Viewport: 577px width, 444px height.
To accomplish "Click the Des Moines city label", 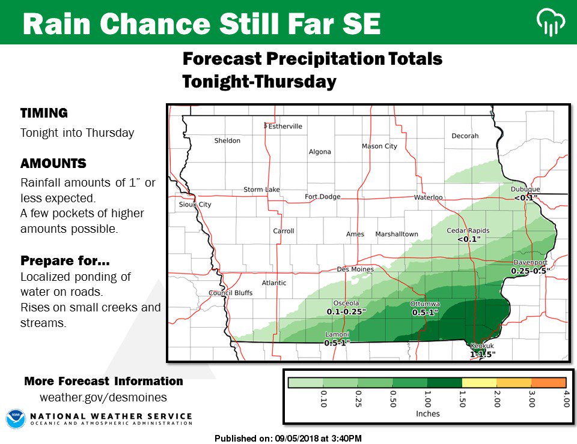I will click(x=355, y=269).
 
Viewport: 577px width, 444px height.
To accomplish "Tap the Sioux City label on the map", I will click(x=196, y=205).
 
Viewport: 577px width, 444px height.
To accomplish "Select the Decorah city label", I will click(x=465, y=136).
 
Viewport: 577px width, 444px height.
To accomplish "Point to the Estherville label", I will click(x=285, y=127).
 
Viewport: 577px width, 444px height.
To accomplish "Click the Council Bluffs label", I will click(x=230, y=293).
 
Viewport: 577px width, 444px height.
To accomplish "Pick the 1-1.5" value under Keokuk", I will click(x=482, y=354).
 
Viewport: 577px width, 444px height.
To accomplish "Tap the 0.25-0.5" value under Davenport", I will click(x=530, y=271).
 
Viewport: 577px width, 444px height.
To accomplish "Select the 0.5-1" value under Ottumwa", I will click(x=425, y=313).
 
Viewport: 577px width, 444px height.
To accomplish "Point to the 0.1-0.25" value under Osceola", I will click(x=346, y=312).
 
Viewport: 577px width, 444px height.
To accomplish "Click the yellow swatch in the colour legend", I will click(x=479, y=382).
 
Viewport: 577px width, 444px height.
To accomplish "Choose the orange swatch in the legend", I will click(x=549, y=382).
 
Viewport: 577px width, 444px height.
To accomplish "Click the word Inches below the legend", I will click(x=427, y=413).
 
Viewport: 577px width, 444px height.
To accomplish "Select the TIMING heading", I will click(x=44, y=113).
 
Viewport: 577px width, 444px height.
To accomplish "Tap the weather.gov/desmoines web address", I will click(x=103, y=397).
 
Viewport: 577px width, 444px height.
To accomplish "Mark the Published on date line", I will click(x=288, y=439).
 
